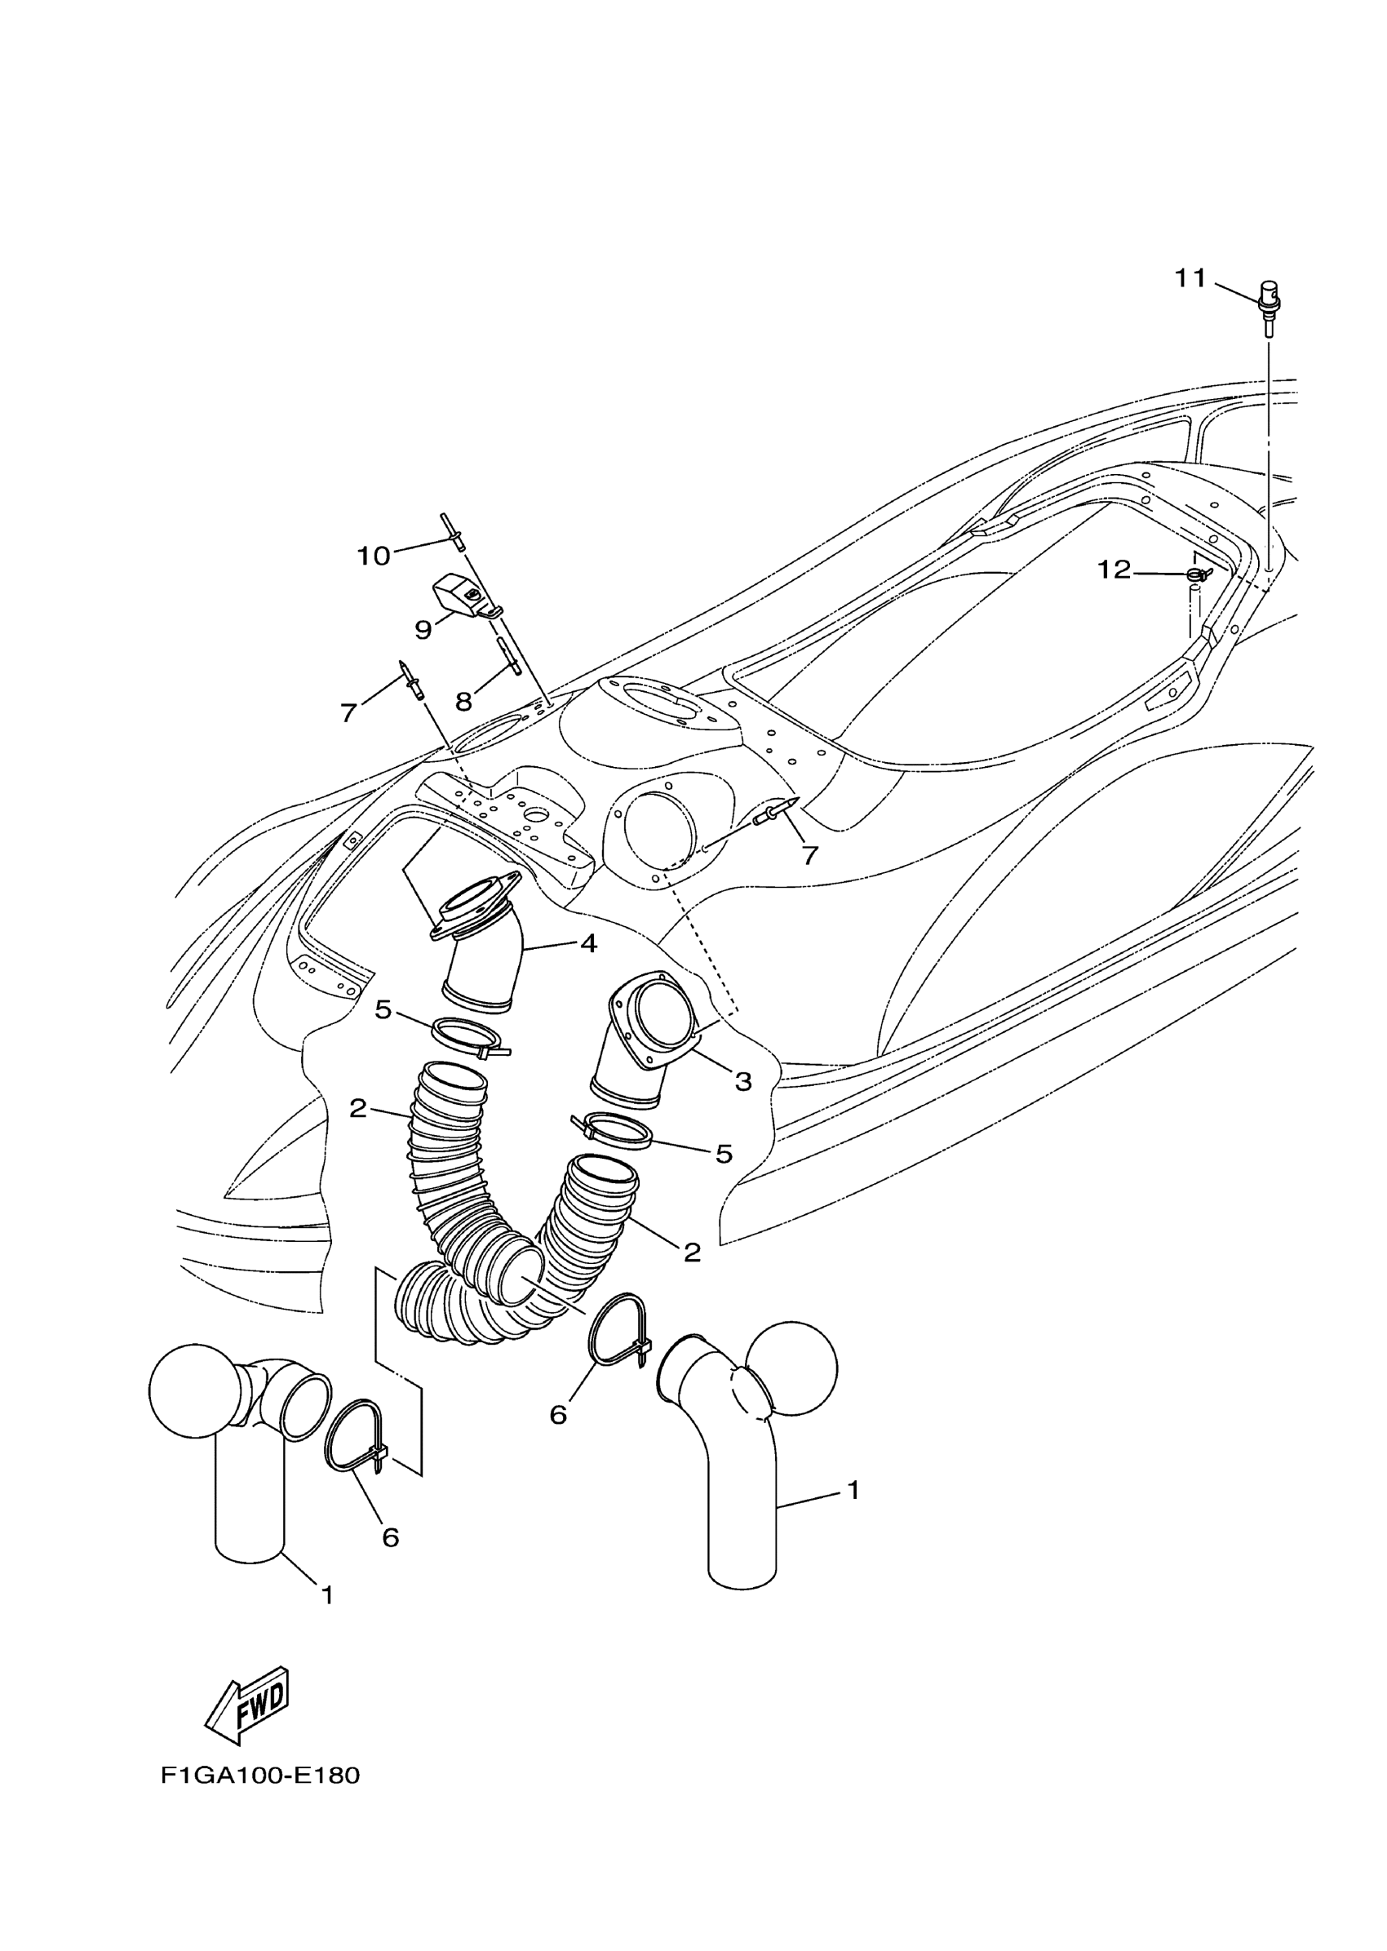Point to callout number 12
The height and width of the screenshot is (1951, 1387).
(x=1113, y=569)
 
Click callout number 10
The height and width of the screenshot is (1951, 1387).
(x=373, y=556)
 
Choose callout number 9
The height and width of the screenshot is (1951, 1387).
(x=423, y=631)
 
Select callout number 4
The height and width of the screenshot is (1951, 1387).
(x=588, y=944)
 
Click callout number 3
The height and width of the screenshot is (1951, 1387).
(x=743, y=1081)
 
